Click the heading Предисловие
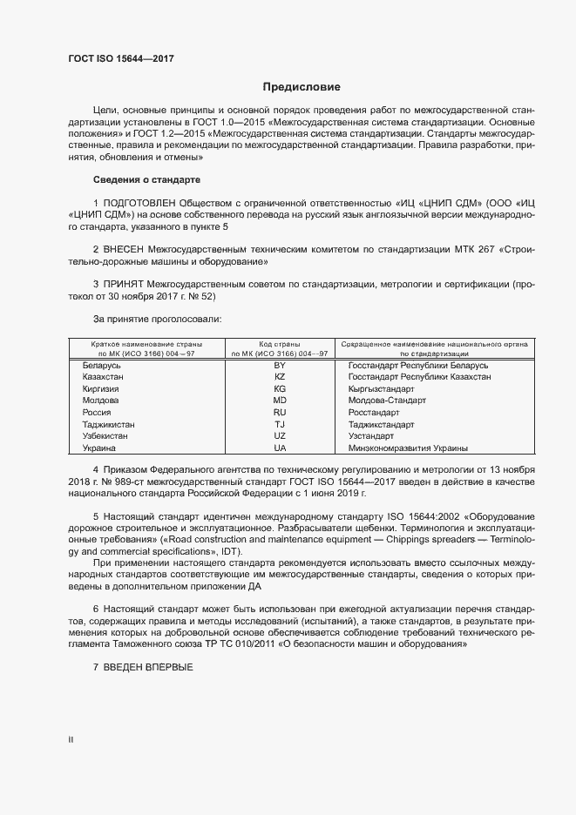[x=302, y=87]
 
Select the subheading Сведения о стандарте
[x=146, y=179]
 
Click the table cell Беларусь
[x=101, y=366]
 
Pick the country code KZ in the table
[x=280, y=377]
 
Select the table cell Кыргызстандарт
[x=383, y=389]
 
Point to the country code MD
[x=280, y=401]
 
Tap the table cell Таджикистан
[x=108, y=425]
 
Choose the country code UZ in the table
[x=280, y=436]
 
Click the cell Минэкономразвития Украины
[x=407, y=448]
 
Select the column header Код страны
[x=280, y=344]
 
